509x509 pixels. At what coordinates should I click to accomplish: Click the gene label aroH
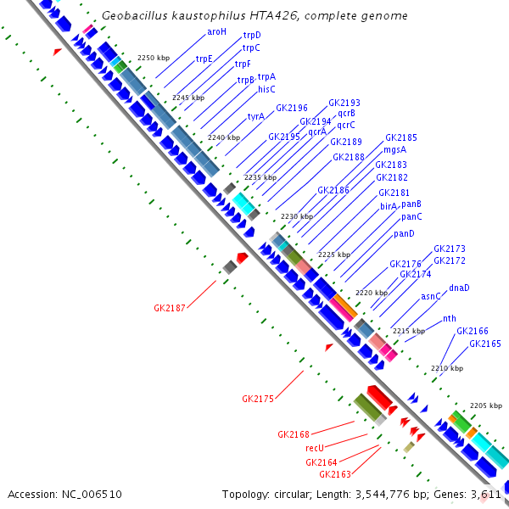(x=217, y=31)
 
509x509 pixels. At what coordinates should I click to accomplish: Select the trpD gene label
(x=252, y=36)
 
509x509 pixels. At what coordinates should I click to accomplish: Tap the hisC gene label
(x=266, y=88)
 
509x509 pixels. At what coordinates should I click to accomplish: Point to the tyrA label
(x=256, y=116)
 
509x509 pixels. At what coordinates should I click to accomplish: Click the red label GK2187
(x=170, y=308)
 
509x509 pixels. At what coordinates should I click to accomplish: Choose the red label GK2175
(x=258, y=398)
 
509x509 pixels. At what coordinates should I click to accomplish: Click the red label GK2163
(x=322, y=474)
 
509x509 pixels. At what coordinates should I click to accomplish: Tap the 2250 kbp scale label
(x=154, y=58)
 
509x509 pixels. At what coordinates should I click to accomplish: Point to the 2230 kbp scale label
(x=296, y=217)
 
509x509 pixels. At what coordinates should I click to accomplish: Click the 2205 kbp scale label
(x=486, y=406)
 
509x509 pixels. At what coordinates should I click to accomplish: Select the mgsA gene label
(x=395, y=150)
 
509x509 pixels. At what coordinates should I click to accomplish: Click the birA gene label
(x=389, y=206)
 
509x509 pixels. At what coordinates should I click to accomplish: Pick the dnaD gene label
(x=459, y=288)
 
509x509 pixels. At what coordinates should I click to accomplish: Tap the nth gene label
(x=450, y=319)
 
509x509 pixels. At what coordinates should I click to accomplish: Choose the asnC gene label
(x=431, y=296)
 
